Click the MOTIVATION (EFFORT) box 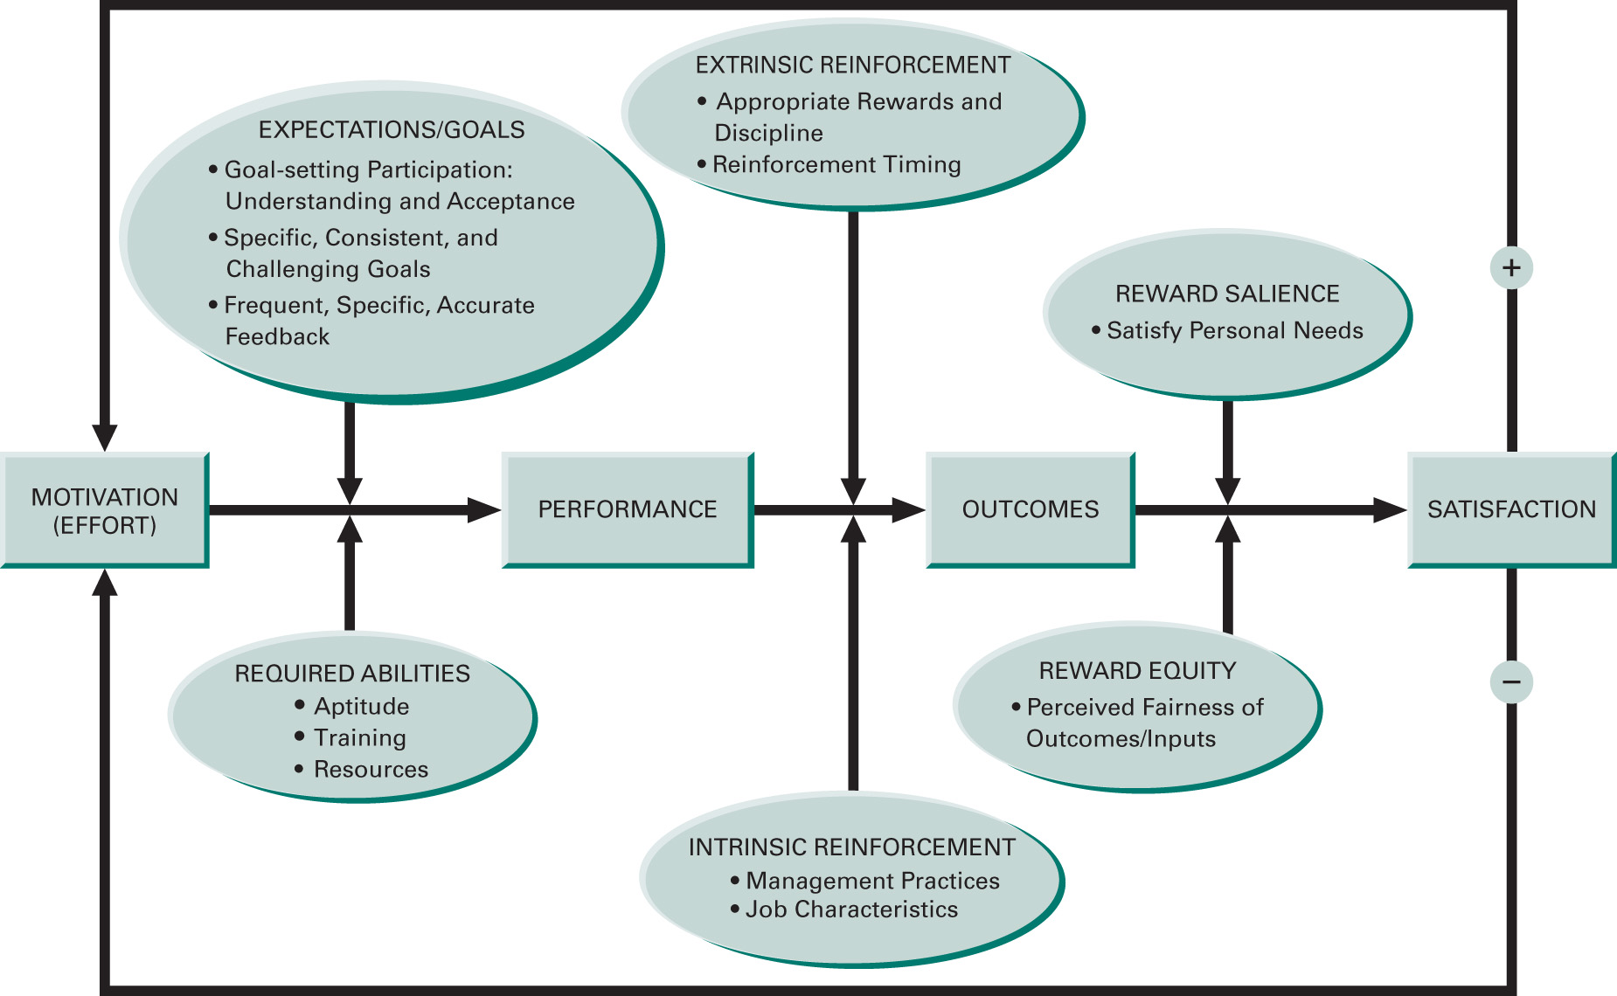point(104,510)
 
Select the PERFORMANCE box point(627,509)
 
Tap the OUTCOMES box point(1030,509)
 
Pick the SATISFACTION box point(1511,509)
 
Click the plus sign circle point(1511,267)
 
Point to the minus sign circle point(1511,681)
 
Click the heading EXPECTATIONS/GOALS point(392,130)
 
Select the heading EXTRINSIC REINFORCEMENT point(852,66)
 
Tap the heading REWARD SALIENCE point(1227,294)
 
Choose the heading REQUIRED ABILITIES point(352,674)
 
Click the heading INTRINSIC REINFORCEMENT point(851,847)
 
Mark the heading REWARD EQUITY point(1137,671)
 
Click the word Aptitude point(361,706)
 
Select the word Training point(360,738)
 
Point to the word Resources point(371,770)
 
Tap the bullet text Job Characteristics point(851,910)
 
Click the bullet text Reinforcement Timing point(836,165)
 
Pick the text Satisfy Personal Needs point(1234,330)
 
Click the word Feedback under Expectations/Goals point(277,337)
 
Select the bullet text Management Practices point(872,881)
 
